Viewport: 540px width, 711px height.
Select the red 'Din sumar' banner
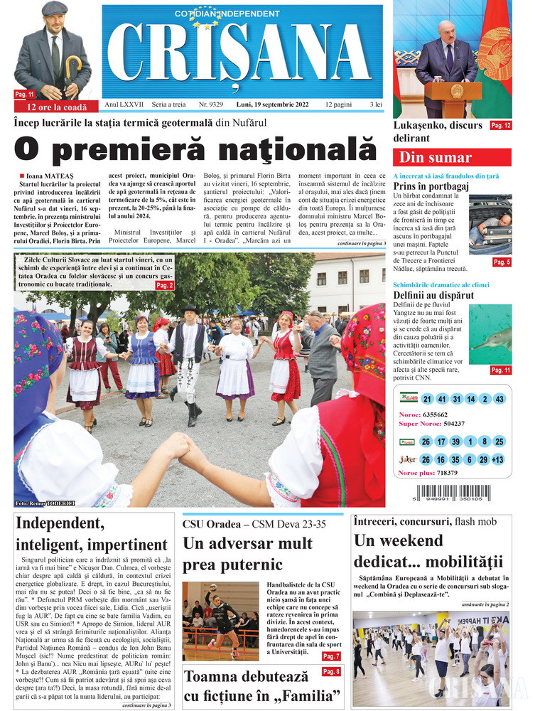(452, 157)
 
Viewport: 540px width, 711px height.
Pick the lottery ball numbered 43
(499, 399)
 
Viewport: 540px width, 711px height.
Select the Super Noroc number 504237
(452, 424)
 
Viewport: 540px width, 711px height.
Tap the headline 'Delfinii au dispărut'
(433, 295)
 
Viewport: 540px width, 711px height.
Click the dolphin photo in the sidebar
(490, 334)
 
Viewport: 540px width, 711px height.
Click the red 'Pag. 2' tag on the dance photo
(164, 285)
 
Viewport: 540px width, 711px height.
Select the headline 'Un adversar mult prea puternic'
(247, 555)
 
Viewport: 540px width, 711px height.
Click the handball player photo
(220, 621)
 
